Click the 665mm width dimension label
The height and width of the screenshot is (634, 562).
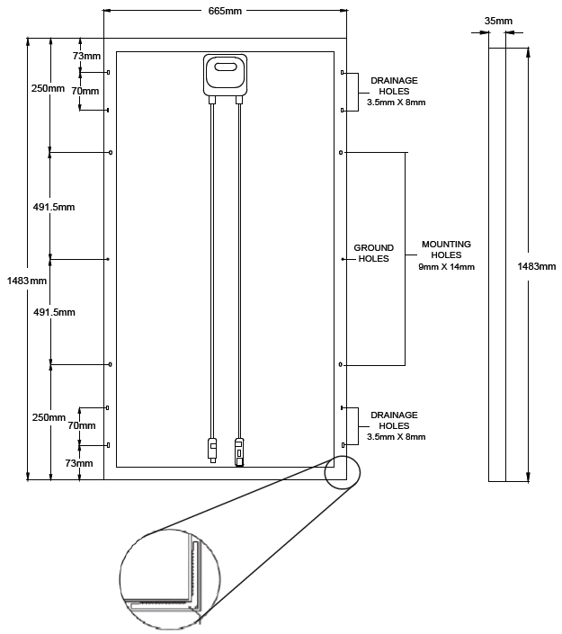[225, 10]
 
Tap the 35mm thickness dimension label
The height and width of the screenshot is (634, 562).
[498, 20]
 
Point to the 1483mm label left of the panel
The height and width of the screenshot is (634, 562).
[25, 281]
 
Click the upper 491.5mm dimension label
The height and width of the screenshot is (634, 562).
[54, 207]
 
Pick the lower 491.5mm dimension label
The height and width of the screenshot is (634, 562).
[54, 312]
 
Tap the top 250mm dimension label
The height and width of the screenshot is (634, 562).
[48, 89]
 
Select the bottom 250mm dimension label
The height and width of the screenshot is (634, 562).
[48, 417]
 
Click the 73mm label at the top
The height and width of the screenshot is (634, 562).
[87, 57]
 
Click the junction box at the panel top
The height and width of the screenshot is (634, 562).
[226, 75]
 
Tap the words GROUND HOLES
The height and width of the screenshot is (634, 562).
[374, 253]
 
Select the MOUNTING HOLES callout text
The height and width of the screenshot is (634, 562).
[446, 249]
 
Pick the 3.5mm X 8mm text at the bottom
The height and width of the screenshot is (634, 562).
[396, 437]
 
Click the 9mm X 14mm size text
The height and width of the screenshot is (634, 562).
[446, 267]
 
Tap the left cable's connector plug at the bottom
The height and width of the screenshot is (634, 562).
[212, 448]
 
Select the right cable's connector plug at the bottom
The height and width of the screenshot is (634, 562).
[240, 451]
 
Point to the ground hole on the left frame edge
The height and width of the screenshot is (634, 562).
[108, 259]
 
